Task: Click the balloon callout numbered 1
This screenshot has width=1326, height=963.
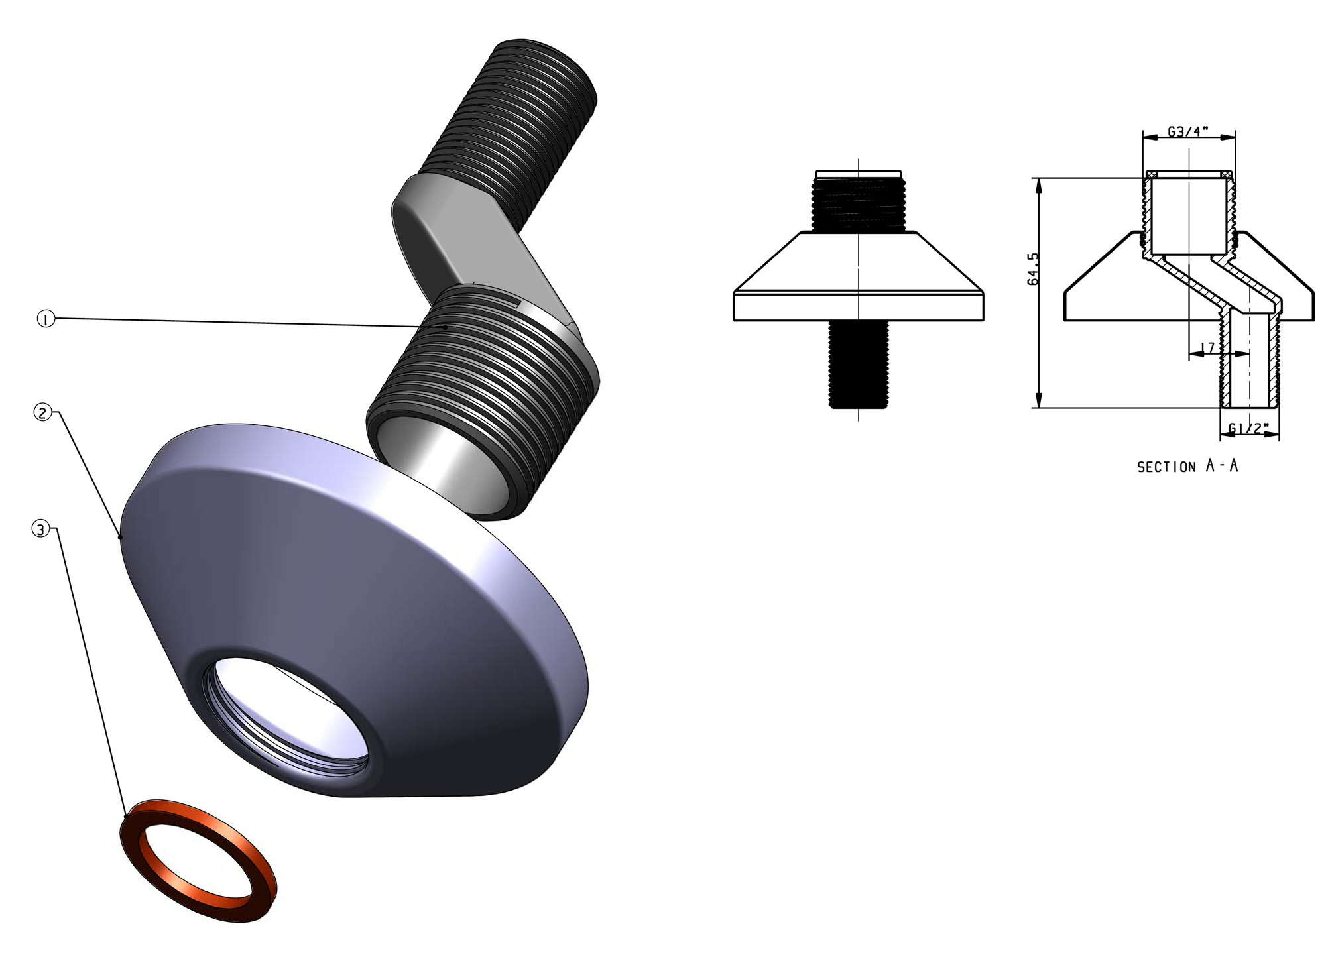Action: tap(45, 320)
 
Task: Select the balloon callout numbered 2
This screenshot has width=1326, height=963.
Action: tap(42, 413)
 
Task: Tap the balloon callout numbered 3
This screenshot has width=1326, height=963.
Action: tap(40, 530)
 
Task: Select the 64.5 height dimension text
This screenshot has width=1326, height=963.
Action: tap(1033, 268)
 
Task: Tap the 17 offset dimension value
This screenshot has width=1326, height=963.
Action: tap(1208, 347)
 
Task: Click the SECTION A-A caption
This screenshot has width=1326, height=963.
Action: tap(1187, 467)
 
